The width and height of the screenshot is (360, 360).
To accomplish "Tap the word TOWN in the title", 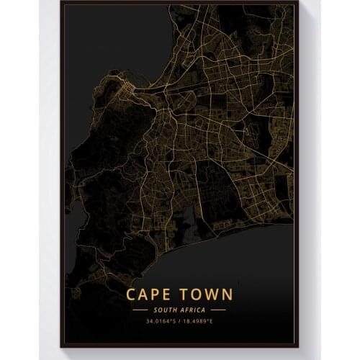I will pos(207,294).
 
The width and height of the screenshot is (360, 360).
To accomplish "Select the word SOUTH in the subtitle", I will pos(163,309).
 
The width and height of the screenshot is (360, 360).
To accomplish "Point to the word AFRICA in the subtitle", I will pos(194,309).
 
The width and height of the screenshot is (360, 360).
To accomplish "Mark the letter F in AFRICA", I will pos(186,309).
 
